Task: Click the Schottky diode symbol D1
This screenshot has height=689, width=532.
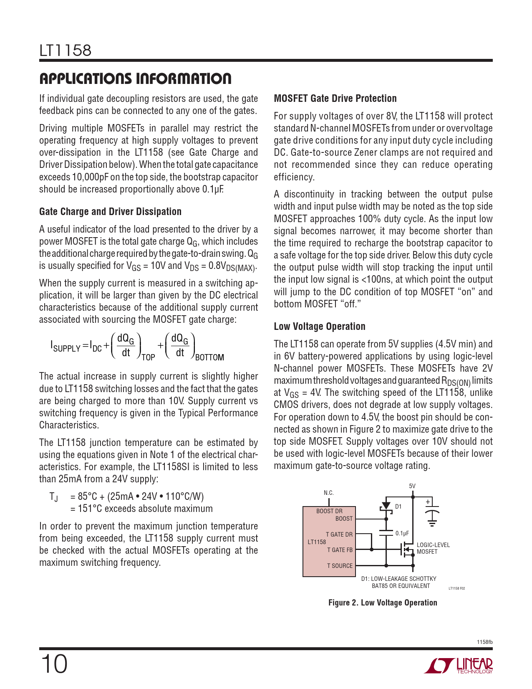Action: coord(386,506)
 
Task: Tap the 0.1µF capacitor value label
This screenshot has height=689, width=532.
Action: coord(402,533)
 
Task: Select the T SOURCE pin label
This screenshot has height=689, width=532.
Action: coord(340,566)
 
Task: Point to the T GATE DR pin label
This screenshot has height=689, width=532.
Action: coord(339,534)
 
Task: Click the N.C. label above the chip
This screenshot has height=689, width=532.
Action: coord(329,493)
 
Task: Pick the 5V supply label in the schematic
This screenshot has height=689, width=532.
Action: coord(412,486)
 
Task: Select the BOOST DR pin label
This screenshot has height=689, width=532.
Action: coord(329,511)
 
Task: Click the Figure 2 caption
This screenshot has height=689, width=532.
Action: coord(383,603)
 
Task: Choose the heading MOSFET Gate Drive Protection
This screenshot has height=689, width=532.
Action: coord(335,99)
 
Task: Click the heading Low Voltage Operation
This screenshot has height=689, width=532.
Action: coord(320,327)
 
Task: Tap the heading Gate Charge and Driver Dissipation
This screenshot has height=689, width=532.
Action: coord(110,212)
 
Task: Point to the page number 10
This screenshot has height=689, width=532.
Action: coord(54,664)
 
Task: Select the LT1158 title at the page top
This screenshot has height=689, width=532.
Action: coord(65,51)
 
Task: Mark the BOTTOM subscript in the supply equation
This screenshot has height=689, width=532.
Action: coord(209,357)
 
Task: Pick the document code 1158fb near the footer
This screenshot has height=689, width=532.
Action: coord(484,642)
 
